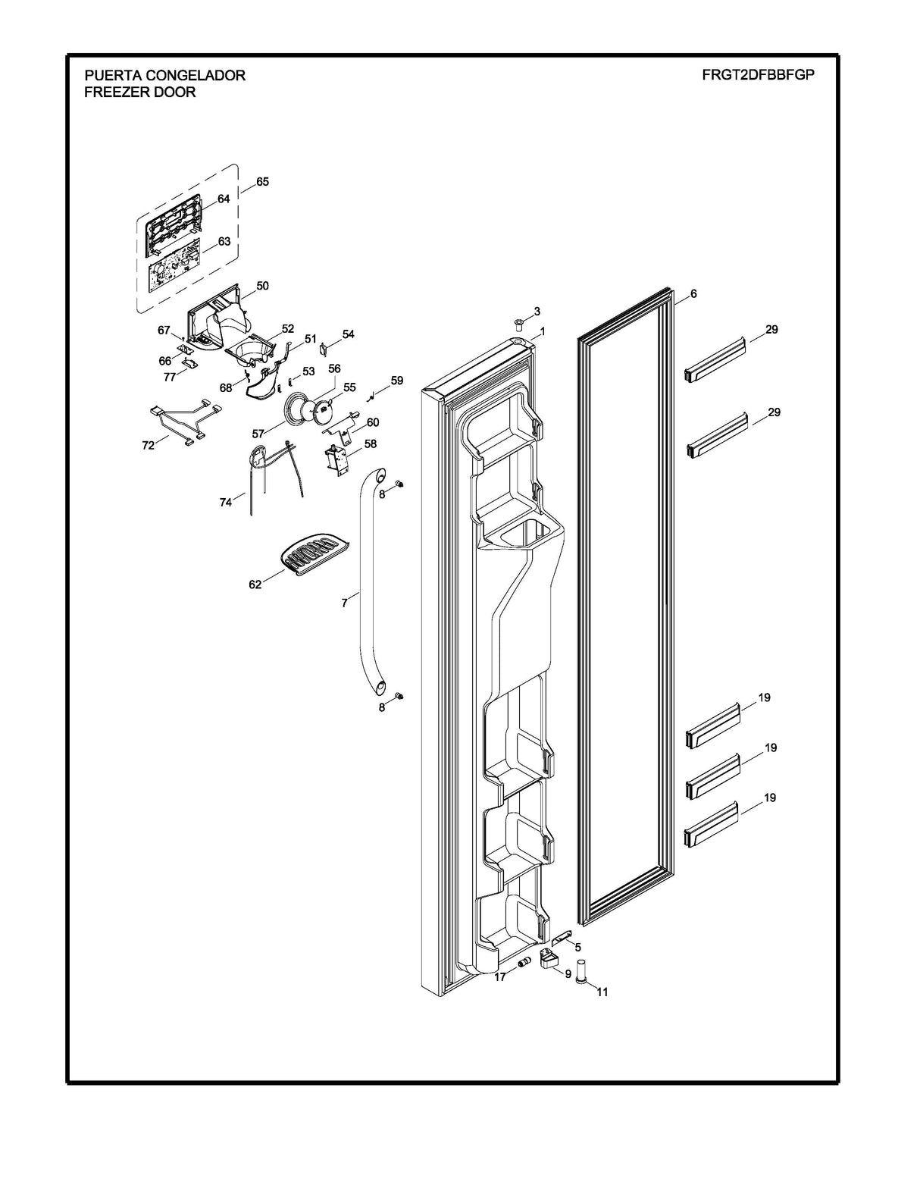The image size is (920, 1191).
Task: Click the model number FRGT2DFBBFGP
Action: tap(758, 75)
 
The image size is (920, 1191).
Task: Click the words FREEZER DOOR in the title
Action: tap(140, 92)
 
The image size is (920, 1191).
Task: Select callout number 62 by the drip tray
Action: tap(255, 585)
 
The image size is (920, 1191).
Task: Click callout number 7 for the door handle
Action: tap(345, 603)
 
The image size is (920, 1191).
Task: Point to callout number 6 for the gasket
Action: tap(693, 293)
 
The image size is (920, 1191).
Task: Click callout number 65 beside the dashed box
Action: tap(262, 182)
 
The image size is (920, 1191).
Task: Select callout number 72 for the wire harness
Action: tap(149, 445)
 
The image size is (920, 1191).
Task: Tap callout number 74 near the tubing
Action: tap(226, 502)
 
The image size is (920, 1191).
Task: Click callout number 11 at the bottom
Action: tap(602, 992)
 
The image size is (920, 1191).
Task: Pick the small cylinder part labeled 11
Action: tap(582, 970)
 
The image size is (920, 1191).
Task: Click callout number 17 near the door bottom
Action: tap(500, 978)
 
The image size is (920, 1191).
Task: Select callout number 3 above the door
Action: tap(537, 311)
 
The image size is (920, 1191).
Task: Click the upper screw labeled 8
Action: tap(400, 484)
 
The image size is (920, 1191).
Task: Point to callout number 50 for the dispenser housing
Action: tap(262, 286)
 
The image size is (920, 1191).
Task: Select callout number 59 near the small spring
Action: tap(396, 380)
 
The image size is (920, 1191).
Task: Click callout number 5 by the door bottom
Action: tap(577, 947)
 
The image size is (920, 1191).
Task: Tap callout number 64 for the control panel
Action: tap(224, 199)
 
